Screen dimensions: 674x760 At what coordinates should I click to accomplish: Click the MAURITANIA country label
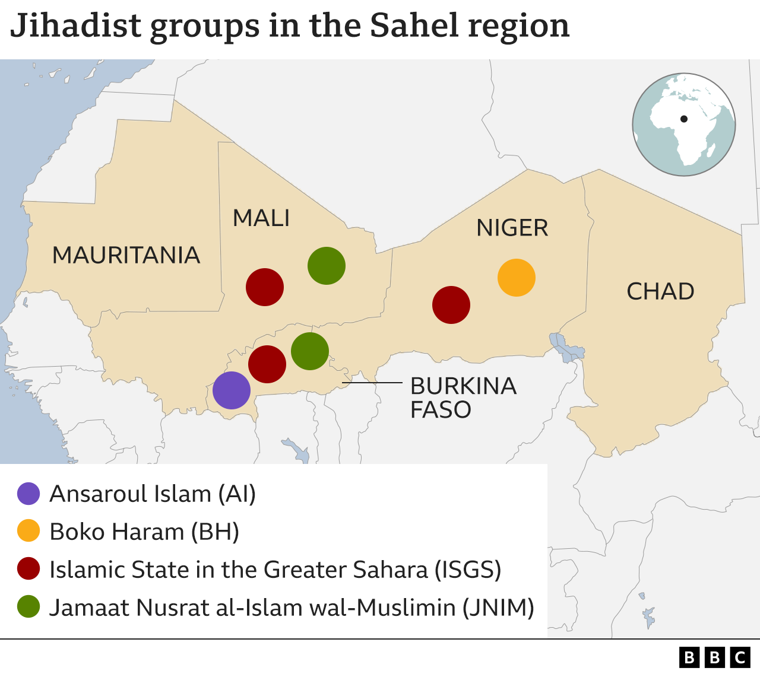[126, 255]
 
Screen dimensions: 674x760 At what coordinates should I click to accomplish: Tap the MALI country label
[261, 218]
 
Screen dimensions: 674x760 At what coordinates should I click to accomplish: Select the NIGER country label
[512, 228]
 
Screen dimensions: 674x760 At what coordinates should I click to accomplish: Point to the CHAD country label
[660, 291]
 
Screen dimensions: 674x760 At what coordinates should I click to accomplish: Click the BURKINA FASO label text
[463, 398]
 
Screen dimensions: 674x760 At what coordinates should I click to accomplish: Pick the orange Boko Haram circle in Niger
[517, 278]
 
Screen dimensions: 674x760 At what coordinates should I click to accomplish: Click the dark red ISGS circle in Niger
[451, 305]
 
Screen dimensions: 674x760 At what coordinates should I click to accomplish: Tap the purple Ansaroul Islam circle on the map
[231, 390]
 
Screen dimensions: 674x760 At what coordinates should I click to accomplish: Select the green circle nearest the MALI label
[327, 266]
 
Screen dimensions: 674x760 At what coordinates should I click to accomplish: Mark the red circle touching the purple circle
[267, 364]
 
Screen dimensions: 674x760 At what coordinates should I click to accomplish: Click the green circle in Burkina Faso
[310, 351]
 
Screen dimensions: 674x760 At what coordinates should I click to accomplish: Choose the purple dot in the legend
[28, 494]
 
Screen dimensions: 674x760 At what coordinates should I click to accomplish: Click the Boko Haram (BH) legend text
[144, 532]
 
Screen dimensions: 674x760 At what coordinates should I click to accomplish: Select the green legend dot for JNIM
[28, 607]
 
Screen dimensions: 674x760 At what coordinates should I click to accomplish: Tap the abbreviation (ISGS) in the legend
[468, 570]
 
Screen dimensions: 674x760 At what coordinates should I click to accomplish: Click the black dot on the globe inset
[684, 119]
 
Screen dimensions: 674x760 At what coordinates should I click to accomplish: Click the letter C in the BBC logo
[740, 657]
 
